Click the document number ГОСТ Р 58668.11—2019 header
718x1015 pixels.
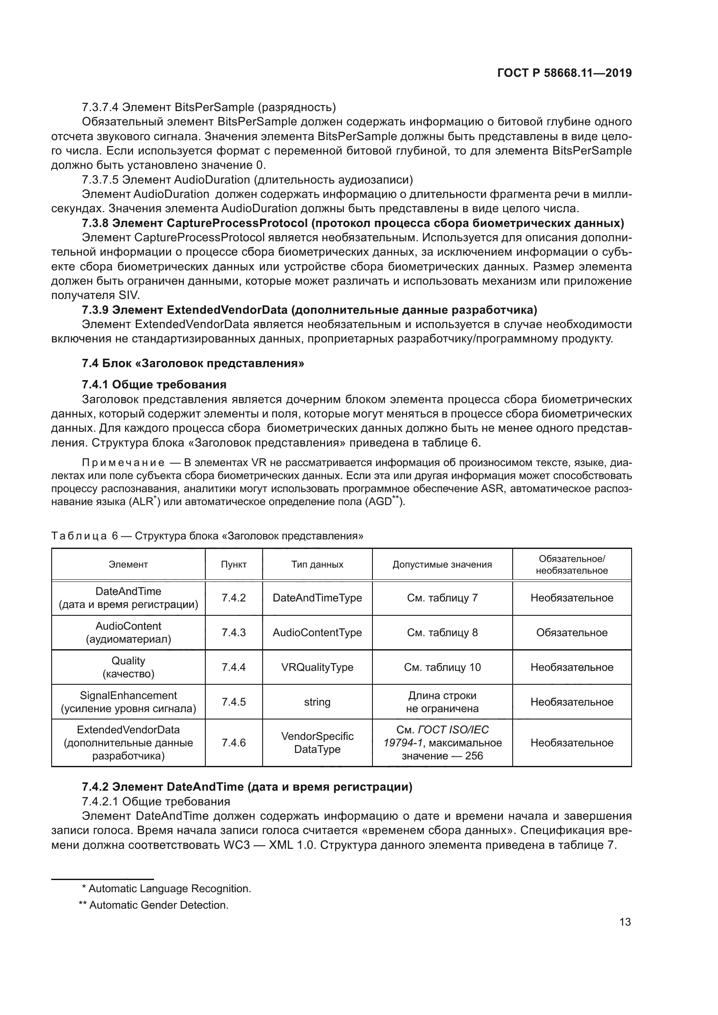564,73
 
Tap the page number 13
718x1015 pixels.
625,922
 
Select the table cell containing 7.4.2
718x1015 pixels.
234,598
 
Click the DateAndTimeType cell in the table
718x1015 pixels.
317,598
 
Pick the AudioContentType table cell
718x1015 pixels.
317,632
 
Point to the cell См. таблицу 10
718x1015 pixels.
442,667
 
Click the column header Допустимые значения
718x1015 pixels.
442,565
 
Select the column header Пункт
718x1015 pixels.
234,565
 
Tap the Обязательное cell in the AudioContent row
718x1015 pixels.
572,632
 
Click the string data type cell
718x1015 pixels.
317,702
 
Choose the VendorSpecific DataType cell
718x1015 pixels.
317,742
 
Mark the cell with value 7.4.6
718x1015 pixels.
234,742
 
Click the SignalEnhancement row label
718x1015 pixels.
128,702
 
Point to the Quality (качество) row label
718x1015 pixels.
128,667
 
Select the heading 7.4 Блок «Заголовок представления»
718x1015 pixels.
193,363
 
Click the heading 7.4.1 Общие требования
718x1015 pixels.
154,384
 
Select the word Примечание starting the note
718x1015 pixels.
123,463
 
